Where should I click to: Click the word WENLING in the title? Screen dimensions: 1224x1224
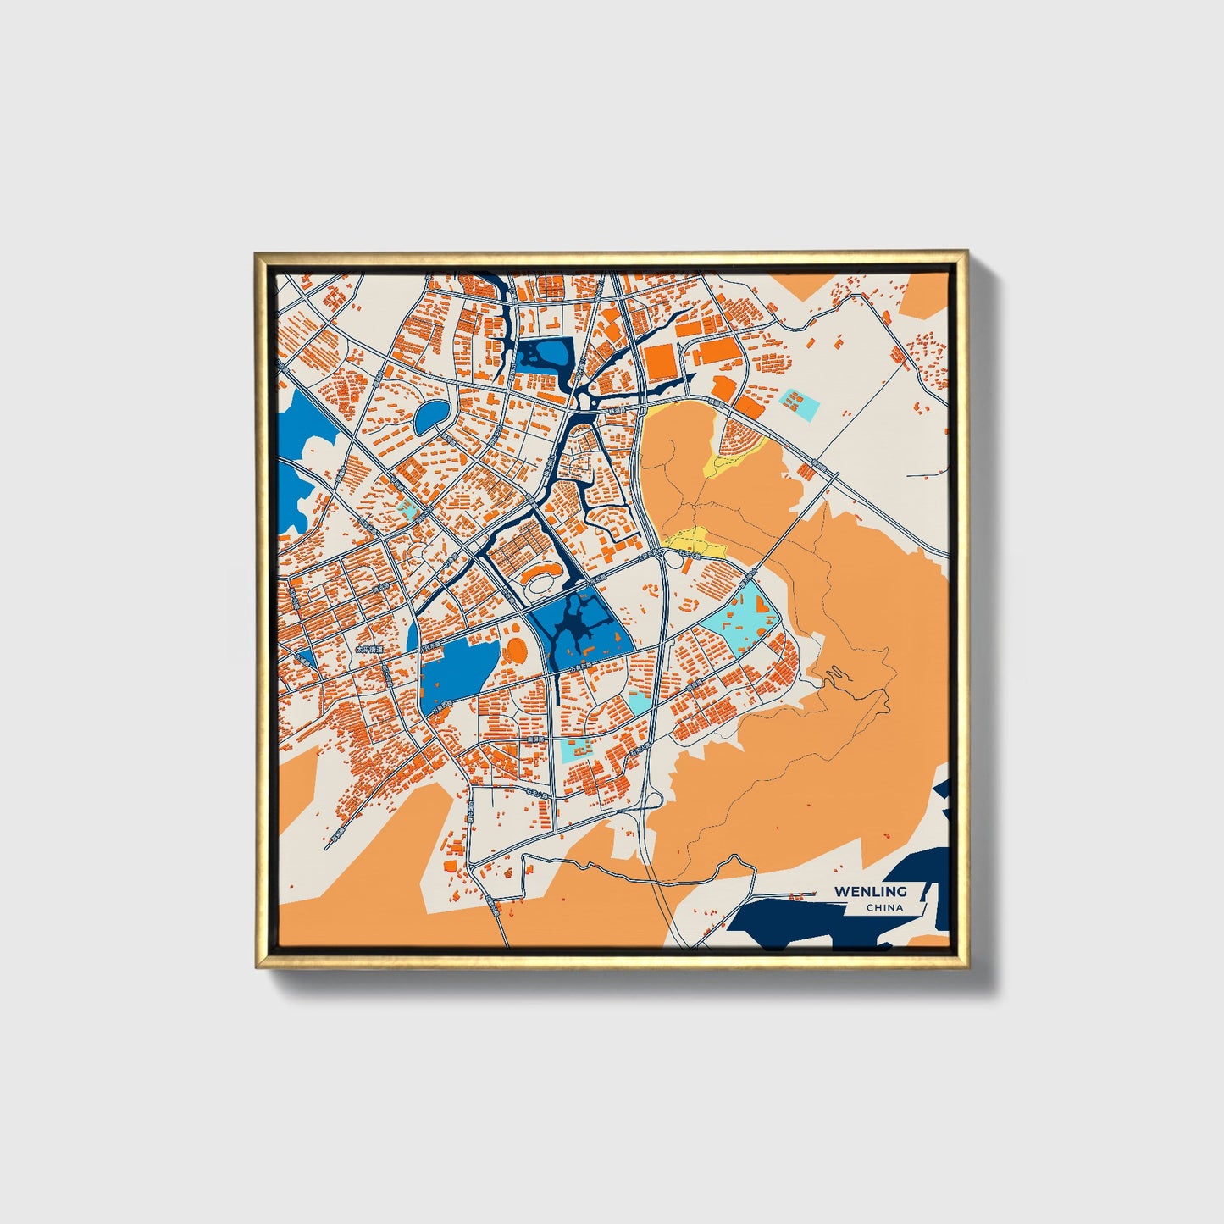pos(870,891)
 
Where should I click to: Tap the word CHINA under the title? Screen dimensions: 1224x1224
pos(884,908)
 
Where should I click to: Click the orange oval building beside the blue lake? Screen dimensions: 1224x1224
pos(515,651)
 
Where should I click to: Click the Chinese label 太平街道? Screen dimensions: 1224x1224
pos(369,648)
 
